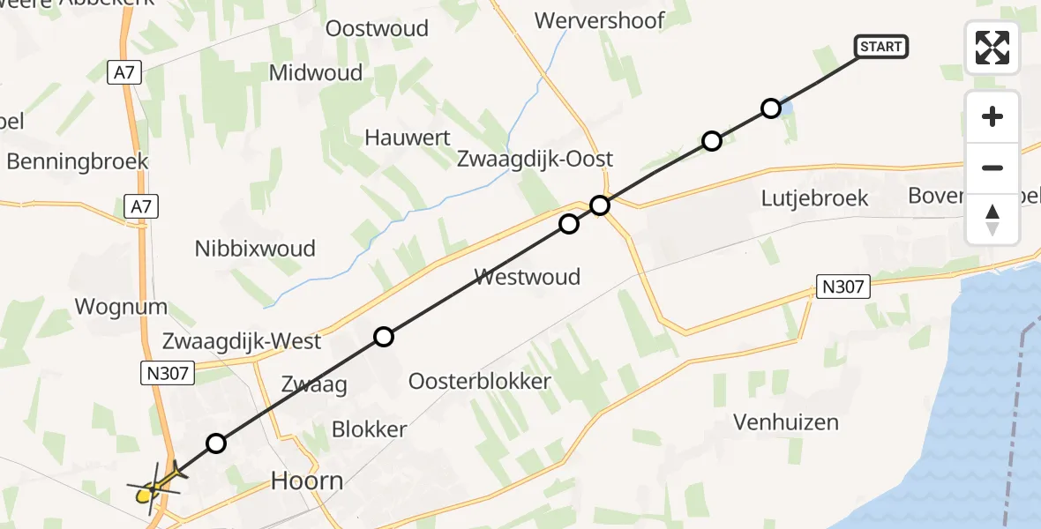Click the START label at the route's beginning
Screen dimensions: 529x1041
880,47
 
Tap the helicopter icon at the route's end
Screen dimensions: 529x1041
156,484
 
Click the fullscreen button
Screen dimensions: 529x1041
992,48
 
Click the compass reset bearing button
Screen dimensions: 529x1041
992,219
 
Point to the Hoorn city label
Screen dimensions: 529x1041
307,481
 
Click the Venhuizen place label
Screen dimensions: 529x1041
786,422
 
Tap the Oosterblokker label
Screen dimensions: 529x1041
479,382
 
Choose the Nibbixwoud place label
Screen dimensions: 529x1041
255,249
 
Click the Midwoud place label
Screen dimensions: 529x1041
316,72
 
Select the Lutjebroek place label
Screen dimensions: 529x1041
814,198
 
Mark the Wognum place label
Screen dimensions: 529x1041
122,307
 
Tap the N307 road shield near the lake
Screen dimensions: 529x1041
843,286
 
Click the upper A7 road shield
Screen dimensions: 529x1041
125,72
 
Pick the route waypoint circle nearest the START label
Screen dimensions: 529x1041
770,108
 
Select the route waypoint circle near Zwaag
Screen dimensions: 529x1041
383,336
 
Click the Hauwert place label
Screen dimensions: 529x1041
408,138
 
